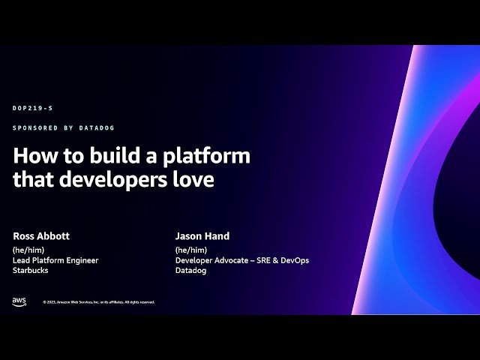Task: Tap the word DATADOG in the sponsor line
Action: pyautogui.click(x=97, y=128)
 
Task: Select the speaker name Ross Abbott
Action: pyautogui.click(x=41, y=235)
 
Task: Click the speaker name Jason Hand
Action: pyautogui.click(x=202, y=235)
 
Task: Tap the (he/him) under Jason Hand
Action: pyautogui.click(x=190, y=250)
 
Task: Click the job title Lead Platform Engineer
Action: pyautogui.click(x=55, y=260)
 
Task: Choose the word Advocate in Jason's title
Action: pyautogui.click(x=232, y=260)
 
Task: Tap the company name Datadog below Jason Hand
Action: pyautogui.click(x=190, y=271)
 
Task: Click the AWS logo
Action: pyautogui.click(x=19, y=301)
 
